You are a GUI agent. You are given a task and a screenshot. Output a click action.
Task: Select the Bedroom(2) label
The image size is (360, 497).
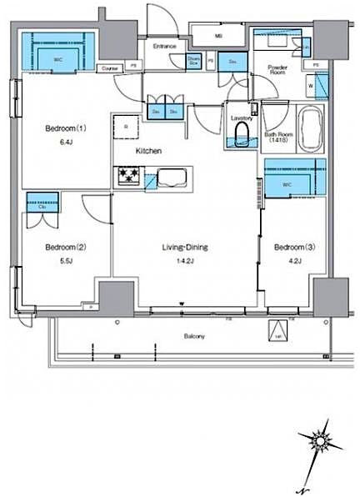click(x=65, y=247)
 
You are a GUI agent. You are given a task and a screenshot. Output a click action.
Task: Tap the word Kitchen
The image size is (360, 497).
click(x=148, y=151)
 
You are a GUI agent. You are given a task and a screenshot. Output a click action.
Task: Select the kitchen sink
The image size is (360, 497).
click(x=172, y=177)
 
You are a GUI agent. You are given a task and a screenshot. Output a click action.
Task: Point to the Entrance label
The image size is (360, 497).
click(x=164, y=46)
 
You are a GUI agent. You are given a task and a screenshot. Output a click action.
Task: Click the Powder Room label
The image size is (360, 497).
click(x=276, y=69)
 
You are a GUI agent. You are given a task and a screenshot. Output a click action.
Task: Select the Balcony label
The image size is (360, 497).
click(x=195, y=336)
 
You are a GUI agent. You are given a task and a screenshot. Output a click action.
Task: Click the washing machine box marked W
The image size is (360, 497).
click(x=311, y=84)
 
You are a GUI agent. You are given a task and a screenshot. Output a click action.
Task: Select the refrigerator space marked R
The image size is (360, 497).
click(x=125, y=128)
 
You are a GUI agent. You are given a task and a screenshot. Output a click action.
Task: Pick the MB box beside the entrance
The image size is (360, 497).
click(x=219, y=36)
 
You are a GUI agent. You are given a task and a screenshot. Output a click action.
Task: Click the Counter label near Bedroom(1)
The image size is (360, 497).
click(x=108, y=68)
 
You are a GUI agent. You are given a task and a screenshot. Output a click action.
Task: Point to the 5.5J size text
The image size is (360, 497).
click(x=65, y=261)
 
